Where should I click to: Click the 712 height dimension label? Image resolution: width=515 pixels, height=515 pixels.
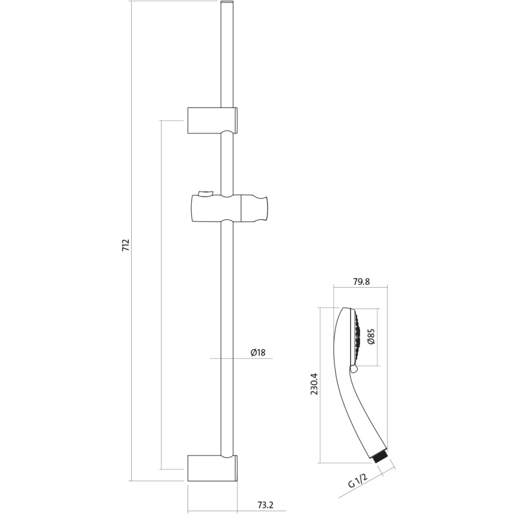(125, 246)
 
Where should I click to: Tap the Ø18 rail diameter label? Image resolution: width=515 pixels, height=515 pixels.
(257, 352)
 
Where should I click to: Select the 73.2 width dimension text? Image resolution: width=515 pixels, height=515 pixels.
(265, 505)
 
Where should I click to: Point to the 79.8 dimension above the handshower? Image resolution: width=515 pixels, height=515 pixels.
(361, 282)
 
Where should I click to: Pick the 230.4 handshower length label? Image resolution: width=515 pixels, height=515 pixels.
(314, 384)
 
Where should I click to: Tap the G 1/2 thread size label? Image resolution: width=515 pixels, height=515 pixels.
(359, 480)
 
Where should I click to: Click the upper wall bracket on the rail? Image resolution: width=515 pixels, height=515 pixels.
(212, 120)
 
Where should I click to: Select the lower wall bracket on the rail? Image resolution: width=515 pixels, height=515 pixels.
(212, 468)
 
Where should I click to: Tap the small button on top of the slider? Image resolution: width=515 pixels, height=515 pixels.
(205, 192)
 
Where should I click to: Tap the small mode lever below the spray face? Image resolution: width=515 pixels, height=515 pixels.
(355, 370)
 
